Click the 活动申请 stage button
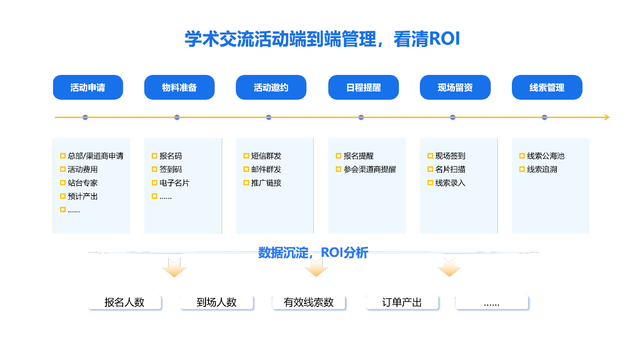[88, 87]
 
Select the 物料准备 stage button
[179, 87]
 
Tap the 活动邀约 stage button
[271, 87]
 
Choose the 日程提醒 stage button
[363, 87]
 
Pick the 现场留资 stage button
[455, 87]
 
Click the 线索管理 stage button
[547, 87]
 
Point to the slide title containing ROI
[322, 39]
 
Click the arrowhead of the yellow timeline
[606, 117]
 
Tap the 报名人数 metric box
[125, 302]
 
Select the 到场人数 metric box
[217, 302]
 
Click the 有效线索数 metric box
[309, 302]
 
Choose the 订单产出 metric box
[402, 302]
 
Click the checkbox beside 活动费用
[63, 170]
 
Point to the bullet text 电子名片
[174, 183]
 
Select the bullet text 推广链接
[266, 183]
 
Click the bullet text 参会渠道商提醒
[370, 170]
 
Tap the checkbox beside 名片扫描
[430, 170]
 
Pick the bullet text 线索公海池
[546, 156]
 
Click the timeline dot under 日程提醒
[361, 117]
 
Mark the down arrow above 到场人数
[174, 268]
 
